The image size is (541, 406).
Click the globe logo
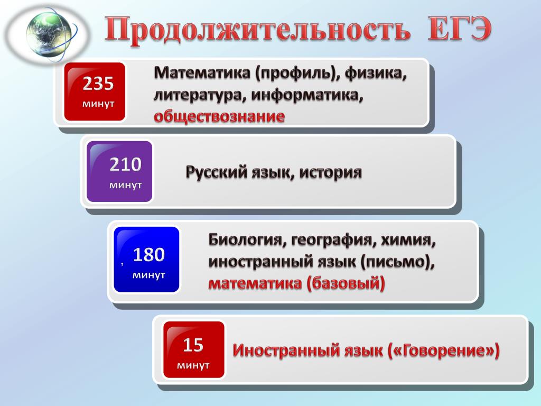pyautogui.click(x=49, y=34)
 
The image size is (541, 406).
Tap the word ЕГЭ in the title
pyautogui.click(x=459, y=29)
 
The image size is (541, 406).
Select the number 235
pyautogui.click(x=98, y=84)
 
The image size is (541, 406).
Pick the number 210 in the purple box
pyautogui.click(x=126, y=164)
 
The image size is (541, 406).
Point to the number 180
pyautogui.click(x=148, y=255)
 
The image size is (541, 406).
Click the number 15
pyautogui.click(x=193, y=345)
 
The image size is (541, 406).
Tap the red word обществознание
pyautogui.click(x=219, y=116)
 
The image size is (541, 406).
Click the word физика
pyautogui.click(x=376, y=73)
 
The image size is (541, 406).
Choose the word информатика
pyautogui.click(x=307, y=95)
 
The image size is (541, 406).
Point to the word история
pyautogui.click(x=330, y=172)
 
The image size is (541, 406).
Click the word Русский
pyautogui.click(x=216, y=172)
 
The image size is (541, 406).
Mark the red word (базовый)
pyautogui.click(x=346, y=284)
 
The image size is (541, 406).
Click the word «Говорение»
pyautogui.click(x=444, y=350)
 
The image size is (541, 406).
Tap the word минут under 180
pyautogui.click(x=148, y=275)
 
